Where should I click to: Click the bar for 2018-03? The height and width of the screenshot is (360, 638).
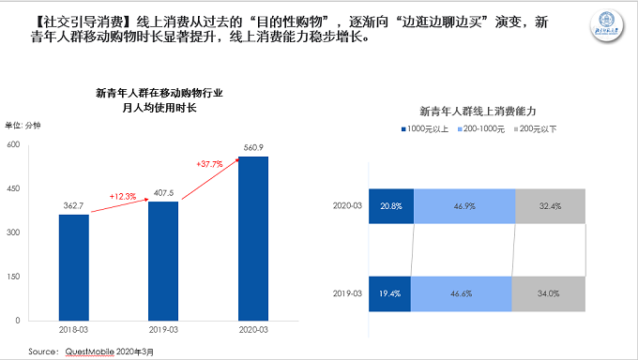(74, 268)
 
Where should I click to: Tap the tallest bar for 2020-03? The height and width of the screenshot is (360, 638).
(252, 239)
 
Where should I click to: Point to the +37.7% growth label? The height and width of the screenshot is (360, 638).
(210, 164)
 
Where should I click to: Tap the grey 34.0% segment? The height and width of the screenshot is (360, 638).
(549, 292)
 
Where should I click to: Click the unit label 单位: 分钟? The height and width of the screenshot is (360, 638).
(23, 126)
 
